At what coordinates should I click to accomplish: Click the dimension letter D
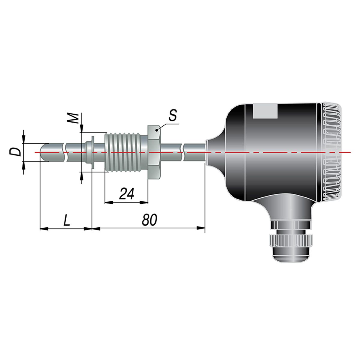click(15, 151)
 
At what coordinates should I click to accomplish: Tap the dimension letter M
click(73, 118)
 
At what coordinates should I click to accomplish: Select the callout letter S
click(172, 115)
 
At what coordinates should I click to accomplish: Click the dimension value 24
click(127, 193)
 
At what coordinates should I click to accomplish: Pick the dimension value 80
click(149, 220)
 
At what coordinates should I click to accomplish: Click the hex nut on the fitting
click(154, 152)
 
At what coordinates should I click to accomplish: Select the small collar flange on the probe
click(92, 152)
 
